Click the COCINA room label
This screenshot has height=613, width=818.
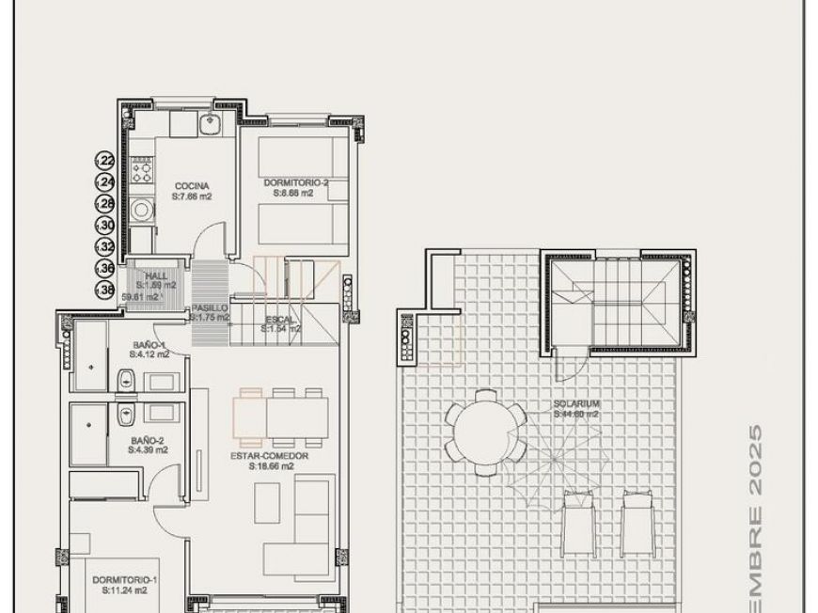(191, 186)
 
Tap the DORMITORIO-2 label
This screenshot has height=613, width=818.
(296, 183)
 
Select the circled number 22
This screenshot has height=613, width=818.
(106, 161)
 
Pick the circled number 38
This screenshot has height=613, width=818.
(106, 291)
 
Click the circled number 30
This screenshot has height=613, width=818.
(106, 226)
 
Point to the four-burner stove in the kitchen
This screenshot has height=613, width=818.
(142, 170)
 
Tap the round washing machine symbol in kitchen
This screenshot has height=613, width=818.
(142, 210)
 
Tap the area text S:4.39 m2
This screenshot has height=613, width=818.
(149, 449)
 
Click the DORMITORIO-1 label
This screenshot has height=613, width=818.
(125, 581)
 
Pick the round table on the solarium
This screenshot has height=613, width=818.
(485, 431)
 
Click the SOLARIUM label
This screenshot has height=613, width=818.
(576, 404)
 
